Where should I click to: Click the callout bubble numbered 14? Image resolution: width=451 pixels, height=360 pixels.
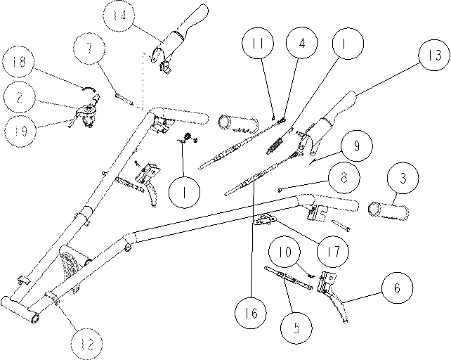tap(119, 16)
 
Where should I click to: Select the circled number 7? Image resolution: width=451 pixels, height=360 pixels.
tap(89, 49)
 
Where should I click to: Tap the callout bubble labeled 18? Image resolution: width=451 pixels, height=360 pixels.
tap(18, 62)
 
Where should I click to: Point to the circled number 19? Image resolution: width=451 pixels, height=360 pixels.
tap(20, 131)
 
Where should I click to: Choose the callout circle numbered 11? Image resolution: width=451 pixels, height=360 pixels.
tap(258, 43)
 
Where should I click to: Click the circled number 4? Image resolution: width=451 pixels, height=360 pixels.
tap(302, 43)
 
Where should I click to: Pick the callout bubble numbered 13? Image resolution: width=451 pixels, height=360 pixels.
tap(434, 55)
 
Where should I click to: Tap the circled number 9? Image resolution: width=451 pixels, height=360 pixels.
tap(357, 146)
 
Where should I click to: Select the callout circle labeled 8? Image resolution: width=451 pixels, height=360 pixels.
tap(344, 178)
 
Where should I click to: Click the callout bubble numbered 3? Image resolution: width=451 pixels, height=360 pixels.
tap(403, 179)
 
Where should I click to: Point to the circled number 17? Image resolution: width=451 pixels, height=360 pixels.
tap(333, 252)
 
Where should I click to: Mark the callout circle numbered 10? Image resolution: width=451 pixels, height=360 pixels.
tap(285, 252)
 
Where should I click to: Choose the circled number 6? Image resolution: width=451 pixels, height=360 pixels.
tap(397, 288)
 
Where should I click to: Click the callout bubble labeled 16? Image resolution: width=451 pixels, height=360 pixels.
tap(251, 313)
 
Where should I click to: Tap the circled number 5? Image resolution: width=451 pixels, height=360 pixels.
tap(296, 328)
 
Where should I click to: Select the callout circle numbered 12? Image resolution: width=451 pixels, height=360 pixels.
tap(87, 344)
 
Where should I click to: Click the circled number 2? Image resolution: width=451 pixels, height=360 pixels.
tap(20, 97)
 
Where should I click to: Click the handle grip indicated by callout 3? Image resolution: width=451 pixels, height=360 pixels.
tap(388, 211)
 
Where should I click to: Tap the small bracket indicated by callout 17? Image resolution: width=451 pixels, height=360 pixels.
tap(263, 220)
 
